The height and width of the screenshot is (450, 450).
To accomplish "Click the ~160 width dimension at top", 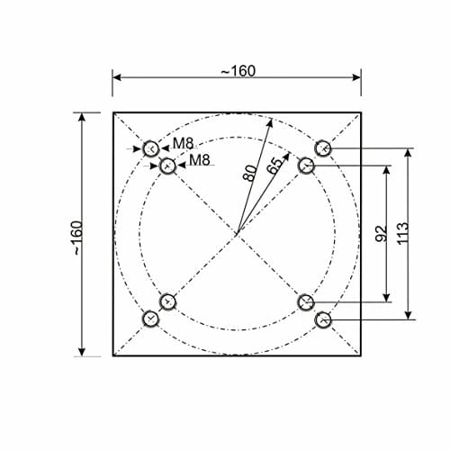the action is tap(238, 71).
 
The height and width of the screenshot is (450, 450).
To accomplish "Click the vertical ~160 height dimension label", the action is tap(76, 238).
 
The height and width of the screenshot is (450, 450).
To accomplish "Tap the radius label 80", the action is tap(250, 174).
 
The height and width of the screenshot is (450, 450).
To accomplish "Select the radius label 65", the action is tap(274, 166).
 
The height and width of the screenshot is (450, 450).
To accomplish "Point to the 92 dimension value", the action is tap(382, 234).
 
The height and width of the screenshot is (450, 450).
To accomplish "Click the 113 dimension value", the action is tap(403, 233).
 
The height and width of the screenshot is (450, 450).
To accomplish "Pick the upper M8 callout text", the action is tap(184, 143).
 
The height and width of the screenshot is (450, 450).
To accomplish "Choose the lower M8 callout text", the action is tap(200, 160).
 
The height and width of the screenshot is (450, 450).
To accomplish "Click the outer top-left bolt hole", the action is tap(150, 148).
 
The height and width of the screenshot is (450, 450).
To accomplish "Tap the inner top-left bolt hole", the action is tap(167, 166).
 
